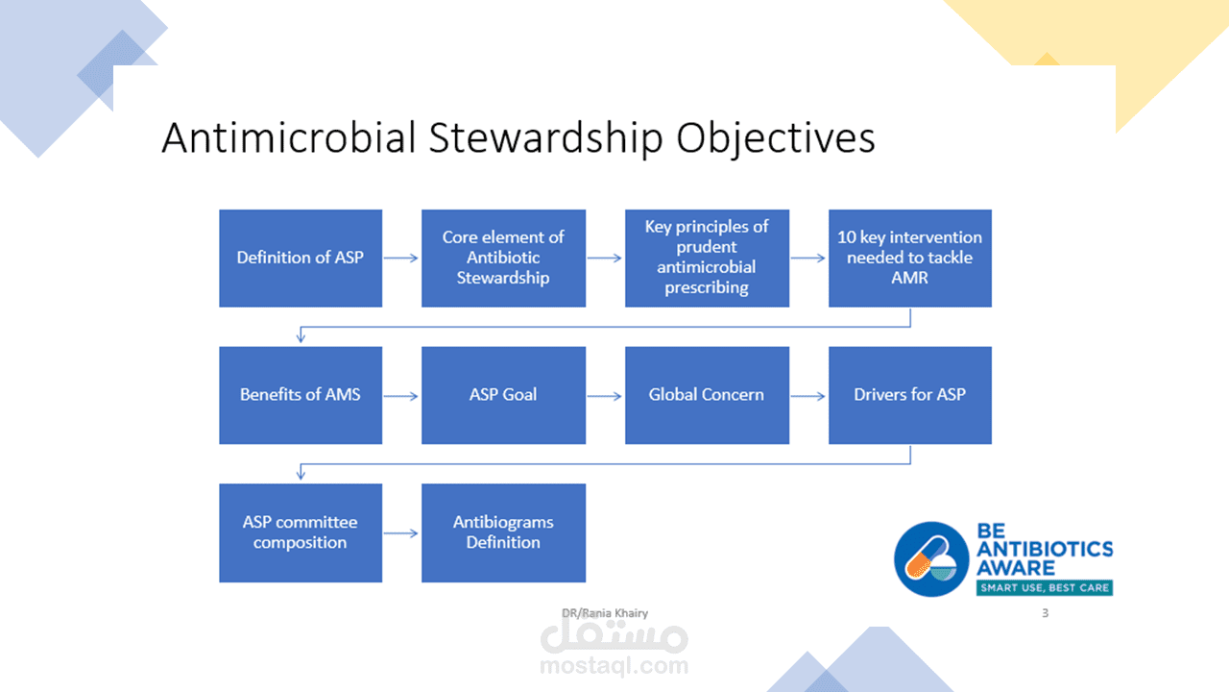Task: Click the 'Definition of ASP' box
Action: click(301, 259)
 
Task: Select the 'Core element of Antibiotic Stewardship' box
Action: click(504, 259)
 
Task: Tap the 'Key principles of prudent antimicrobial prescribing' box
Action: click(708, 259)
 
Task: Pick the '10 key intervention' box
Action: click(910, 259)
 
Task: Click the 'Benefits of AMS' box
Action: click(301, 395)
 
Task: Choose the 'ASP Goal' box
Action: click(504, 395)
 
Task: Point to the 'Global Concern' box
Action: click(708, 395)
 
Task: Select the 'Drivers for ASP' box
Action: click(910, 395)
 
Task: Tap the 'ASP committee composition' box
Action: click(301, 532)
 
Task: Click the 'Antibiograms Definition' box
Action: click(504, 532)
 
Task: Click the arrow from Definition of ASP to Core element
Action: click(401, 259)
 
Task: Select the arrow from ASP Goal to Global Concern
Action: click(605, 396)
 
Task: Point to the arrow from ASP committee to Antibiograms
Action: click(401, 533)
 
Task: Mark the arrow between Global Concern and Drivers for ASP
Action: click(808, 396)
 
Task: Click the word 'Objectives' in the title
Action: click(775, 138)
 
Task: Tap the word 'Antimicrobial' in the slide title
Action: click(289, 137)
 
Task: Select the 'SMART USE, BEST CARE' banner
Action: click(1045, 587)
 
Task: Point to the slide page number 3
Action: click(1046, 613)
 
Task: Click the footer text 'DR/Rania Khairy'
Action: click(605, 613)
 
